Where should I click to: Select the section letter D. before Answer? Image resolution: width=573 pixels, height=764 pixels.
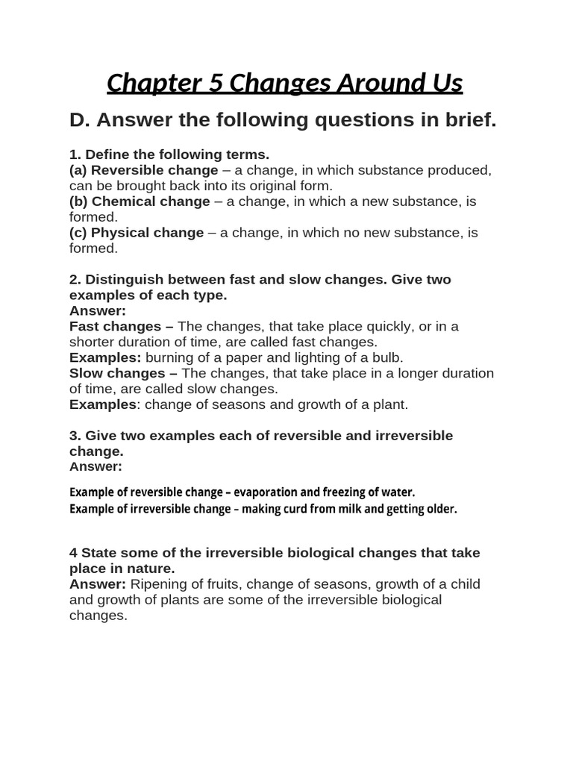pyautogui.click(x=80, y=120)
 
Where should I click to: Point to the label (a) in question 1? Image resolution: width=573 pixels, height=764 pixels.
pyautogui.click(x=78, y=170)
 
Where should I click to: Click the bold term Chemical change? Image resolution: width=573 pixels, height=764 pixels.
pyautogui.click(x=150, y=201)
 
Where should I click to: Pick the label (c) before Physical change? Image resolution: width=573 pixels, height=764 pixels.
pyautogui.click(x=78, y=233)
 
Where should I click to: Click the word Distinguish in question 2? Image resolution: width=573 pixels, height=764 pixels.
pyautogui.click(x=121, y=279)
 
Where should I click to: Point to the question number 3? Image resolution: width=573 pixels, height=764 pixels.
pyautogui.click(x=75, y=435)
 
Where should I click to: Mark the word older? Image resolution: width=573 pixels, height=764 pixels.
pyautogui.click(x=440, y=510)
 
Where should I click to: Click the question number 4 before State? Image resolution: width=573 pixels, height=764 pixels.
pyautogui.click(x=73, y=553)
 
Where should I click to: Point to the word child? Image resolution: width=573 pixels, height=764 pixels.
pyautogui.click(x=463, y=584)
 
